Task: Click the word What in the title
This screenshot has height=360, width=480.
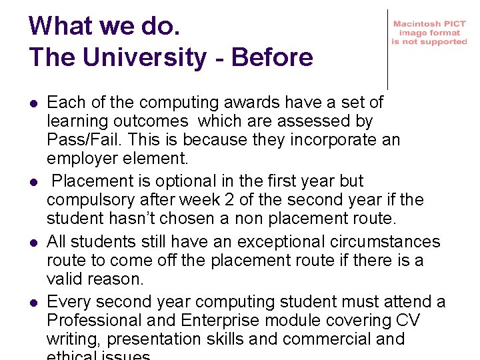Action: click(x=61, y=26)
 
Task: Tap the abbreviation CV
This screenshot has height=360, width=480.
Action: click(x=407, y=320)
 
